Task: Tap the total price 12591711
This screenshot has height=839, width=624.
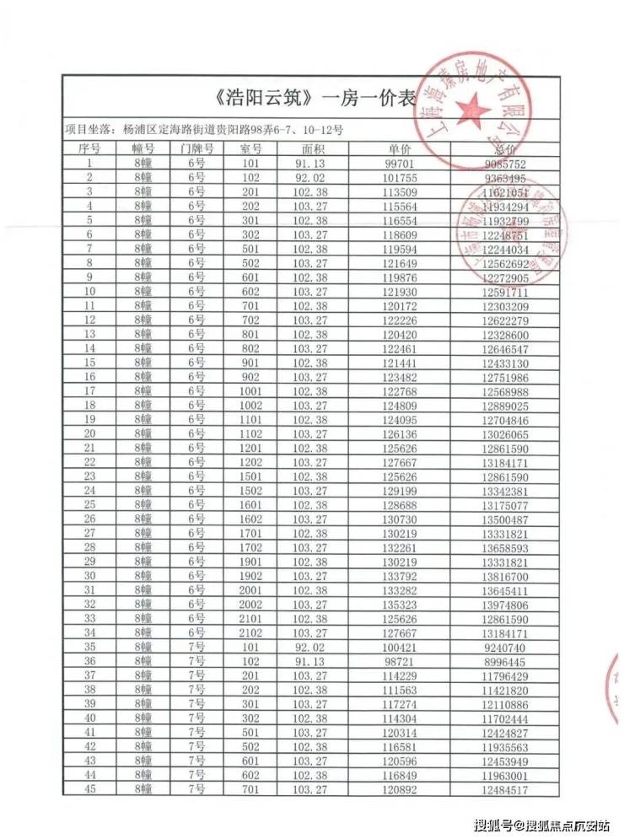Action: (506, 292)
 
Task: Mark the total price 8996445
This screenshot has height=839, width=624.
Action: (506, 663)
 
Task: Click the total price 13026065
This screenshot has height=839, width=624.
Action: (506, 434)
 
